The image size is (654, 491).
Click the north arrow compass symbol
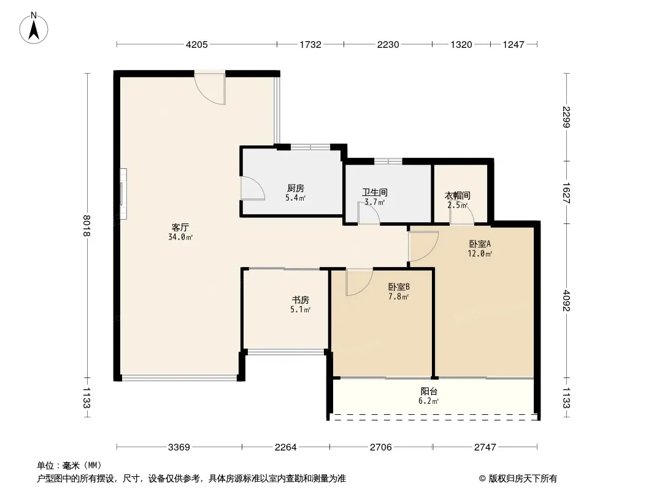(x=34, y=28)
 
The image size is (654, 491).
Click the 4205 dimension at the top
(x=196, y=45)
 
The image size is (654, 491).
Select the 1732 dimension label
(x=310, y=45)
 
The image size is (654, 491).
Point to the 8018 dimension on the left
(x=87, y=226)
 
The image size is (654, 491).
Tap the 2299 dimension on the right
(x=566, y=117)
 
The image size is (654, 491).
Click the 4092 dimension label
(x=566, y=301)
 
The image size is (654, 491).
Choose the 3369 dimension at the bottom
(x=179, y=447)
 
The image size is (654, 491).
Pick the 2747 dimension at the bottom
(x=485, y=447)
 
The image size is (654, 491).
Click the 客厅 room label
(x=180, y=227)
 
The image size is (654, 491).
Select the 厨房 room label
(x=295, y=188)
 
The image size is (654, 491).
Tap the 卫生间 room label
(x=375, y=192)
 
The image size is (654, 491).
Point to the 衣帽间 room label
(x=458, y=195)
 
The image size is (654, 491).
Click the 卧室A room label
(x=480, y=244)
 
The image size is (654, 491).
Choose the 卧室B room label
(x=399, y=287)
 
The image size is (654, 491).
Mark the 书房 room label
(x=300, y=300)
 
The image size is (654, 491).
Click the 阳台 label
(x=429, y=392)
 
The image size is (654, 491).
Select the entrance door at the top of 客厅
(x=210, y=88)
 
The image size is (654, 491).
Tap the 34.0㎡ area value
(x=180, y=238)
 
